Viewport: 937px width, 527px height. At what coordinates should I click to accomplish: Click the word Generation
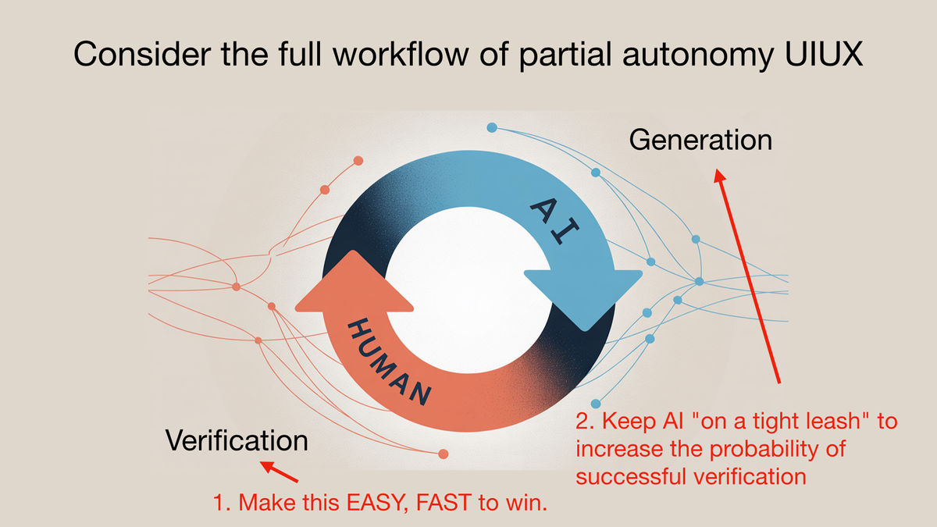700,140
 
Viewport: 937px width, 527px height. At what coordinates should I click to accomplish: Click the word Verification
237,440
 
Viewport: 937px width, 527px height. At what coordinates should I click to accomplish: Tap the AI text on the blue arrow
554,220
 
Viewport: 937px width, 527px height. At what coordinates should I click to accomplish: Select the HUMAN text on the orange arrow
389,361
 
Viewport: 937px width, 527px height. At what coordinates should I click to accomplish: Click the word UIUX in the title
824,54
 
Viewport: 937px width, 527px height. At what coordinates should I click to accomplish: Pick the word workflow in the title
401,54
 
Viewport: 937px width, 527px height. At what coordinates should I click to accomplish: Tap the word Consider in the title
142,54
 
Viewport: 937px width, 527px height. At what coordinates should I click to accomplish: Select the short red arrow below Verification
279,472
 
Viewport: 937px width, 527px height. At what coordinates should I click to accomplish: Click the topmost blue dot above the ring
492,127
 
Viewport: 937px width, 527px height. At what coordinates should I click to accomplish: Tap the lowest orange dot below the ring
444,454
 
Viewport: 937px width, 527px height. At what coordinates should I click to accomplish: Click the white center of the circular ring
468,290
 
